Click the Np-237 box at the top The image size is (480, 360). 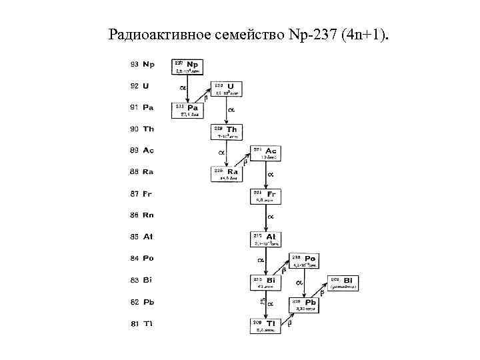tap(189, 67)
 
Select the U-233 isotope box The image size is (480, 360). tap(227, 89)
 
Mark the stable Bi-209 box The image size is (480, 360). tap(343, 283)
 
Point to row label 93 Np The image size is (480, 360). tap(143, 65)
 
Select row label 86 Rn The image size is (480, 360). tap(143, 215)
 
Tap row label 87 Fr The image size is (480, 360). tap(143, 193)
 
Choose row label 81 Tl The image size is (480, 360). tap(143, 323)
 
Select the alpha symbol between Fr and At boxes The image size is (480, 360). tap(271, 217)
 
